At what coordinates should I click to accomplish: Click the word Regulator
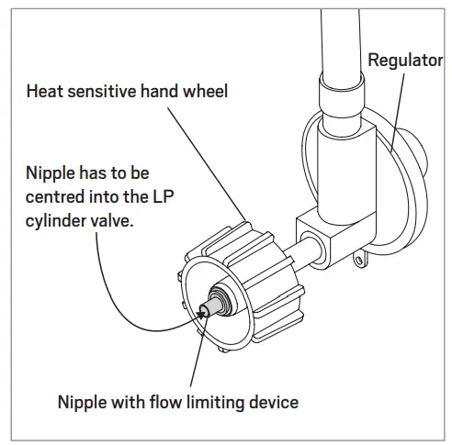[406, 61]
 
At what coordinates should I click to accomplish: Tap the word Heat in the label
[45, 92]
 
